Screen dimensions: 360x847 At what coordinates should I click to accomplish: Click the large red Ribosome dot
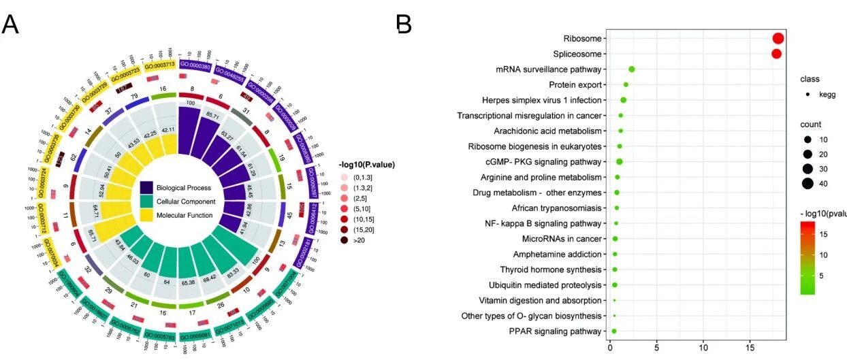tap(778, 39)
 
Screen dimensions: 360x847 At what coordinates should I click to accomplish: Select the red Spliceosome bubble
tap(776, 54)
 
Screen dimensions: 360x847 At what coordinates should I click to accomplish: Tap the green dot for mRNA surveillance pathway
tap(631, 69)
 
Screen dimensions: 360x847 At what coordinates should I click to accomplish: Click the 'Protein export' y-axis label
tap(575, 85)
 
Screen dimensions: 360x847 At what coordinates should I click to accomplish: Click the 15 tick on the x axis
tap(750, 348)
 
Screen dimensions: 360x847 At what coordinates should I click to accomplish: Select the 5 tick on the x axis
tap(656, 348)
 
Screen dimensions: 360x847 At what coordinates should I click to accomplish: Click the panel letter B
tap(404, 24)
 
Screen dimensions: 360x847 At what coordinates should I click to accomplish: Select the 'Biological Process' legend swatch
tap(147, 187)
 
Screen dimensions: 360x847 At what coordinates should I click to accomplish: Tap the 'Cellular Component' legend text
tap(186, 201)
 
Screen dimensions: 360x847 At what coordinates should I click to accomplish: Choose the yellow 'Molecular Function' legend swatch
tap(147, 215)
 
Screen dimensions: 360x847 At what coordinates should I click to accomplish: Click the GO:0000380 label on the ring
tap(195, 65)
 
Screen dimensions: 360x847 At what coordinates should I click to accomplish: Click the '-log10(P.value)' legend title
tap(366, 165)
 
